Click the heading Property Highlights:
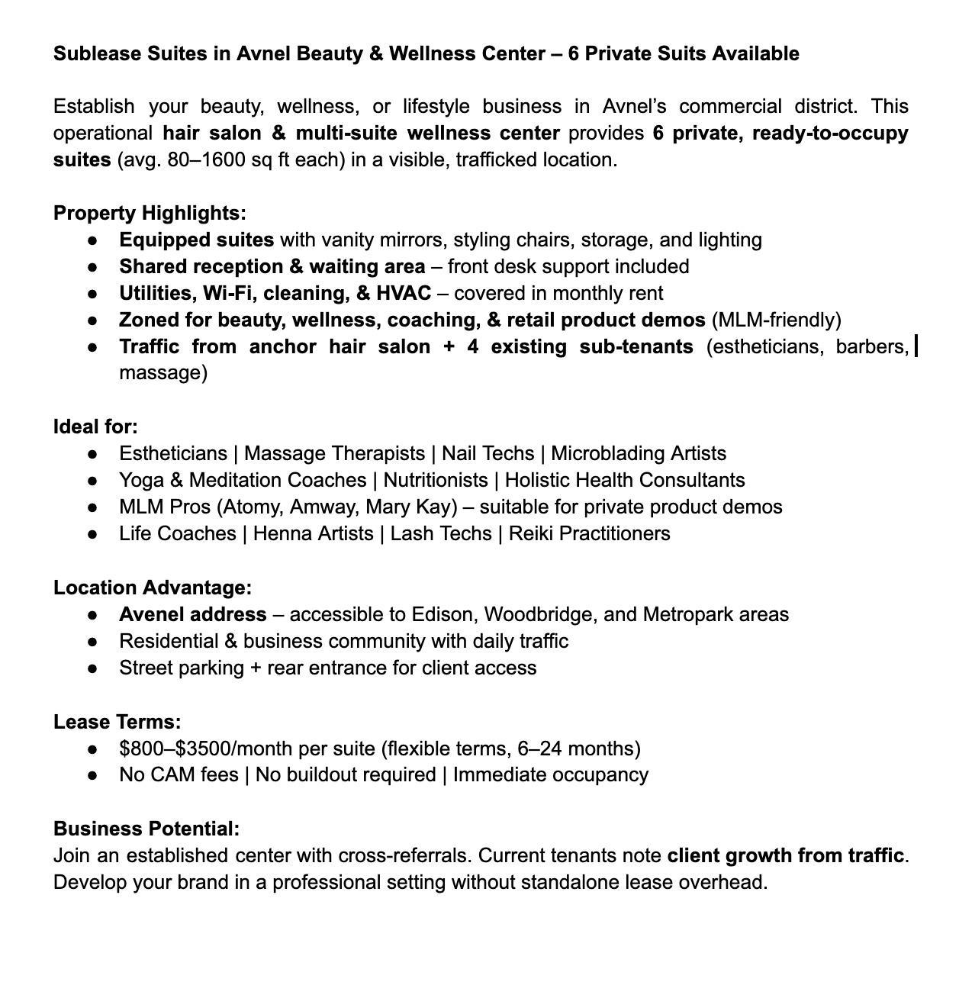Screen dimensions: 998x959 [150, 214]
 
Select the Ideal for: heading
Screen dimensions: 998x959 [95, 427]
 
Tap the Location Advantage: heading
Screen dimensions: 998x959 [153, 588]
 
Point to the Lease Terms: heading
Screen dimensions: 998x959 [117, 722]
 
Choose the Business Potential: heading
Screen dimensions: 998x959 [146, 829]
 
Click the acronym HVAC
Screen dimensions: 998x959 [404, 294]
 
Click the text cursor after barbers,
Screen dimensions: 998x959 [916, 347]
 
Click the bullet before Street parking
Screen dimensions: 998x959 [93, 668]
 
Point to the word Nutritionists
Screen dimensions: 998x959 [435, 481]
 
